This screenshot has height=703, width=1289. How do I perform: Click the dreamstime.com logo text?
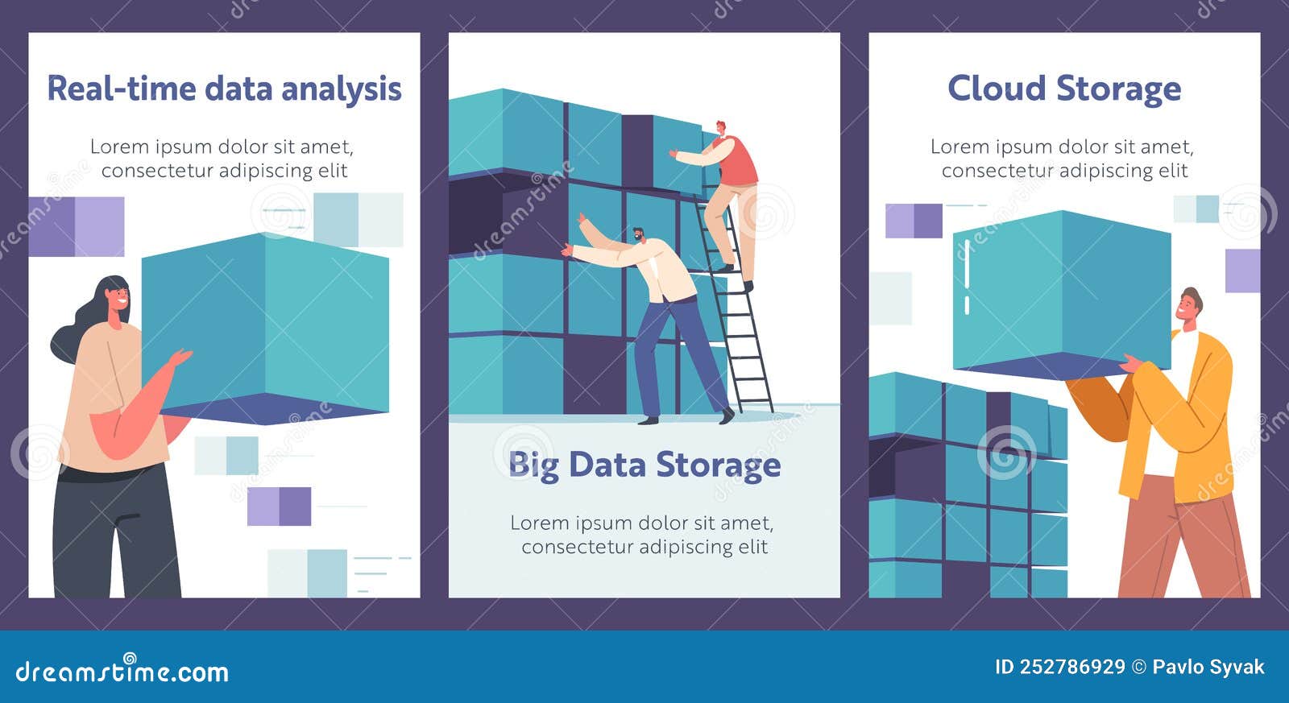coord(122,671)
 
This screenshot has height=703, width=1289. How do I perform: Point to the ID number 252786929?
coord(1071,667)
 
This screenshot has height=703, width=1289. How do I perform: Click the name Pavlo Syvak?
coord(1208,667)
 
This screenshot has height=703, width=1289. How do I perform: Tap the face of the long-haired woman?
coord(115,298)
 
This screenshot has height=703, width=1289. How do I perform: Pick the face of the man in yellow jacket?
coord(1187,305)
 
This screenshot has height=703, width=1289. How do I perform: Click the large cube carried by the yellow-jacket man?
coord(1062,290)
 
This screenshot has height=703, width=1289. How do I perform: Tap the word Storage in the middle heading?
coord(718,465)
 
